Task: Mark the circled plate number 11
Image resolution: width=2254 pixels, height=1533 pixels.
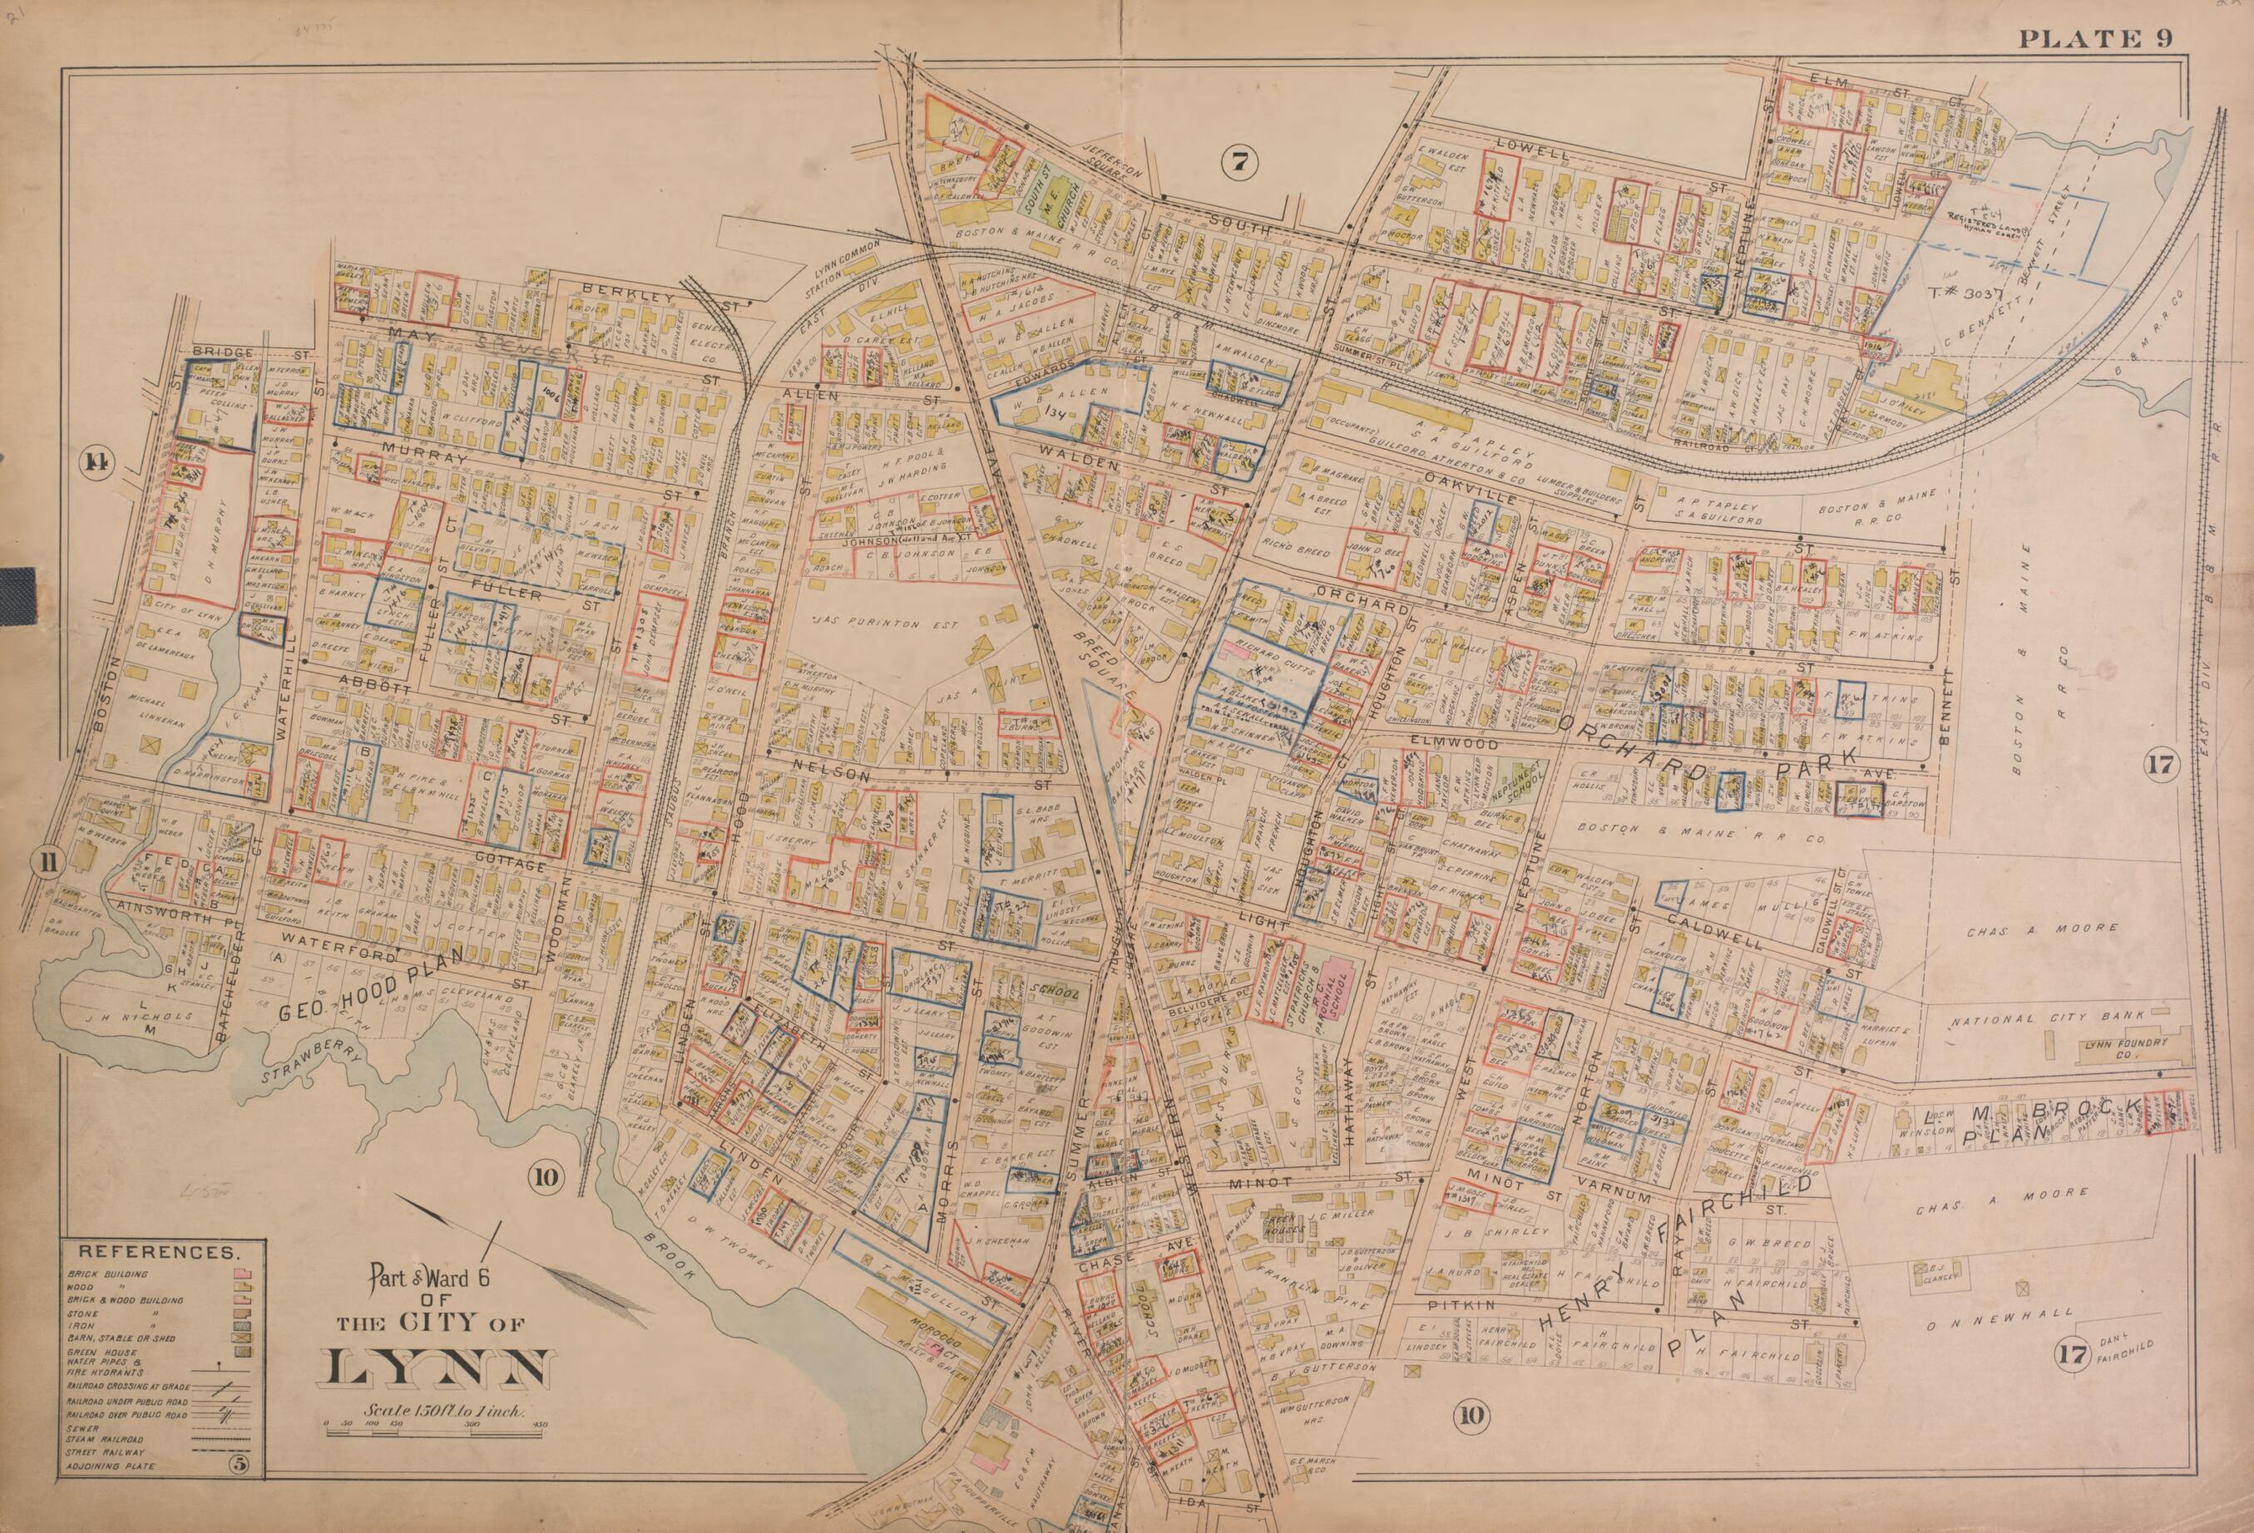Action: (x=46, y=859)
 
